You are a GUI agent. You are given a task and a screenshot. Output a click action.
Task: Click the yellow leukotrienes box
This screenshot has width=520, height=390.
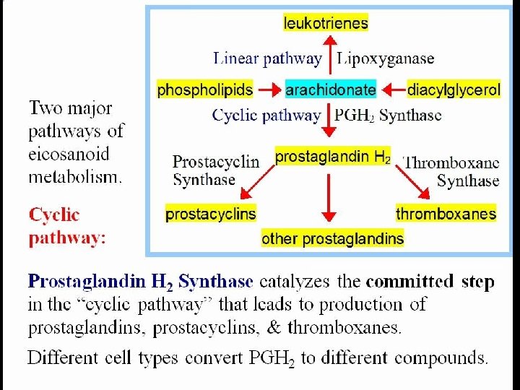pyautogui.click(x=326, y=23)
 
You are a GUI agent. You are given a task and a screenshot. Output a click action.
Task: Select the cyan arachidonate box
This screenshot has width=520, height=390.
pyautogui.click(x=331, y=90)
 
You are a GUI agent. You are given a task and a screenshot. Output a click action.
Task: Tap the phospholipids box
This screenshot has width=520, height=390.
pyautogui.click(x=205, y=90)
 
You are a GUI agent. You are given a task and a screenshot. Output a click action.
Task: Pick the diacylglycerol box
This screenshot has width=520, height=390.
pyautogui.click(x=454, y=90)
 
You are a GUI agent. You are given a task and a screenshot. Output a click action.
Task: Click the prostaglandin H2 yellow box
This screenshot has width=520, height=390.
pyautogui.click(x=333, y=156)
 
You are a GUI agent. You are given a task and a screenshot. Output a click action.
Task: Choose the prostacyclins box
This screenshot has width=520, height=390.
pyautogui.click(x=211, y=214)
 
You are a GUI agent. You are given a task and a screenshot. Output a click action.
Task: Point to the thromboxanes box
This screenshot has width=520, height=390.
pyautogui.click(x=446, y=213)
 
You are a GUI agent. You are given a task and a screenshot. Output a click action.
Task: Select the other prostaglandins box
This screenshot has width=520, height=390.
pyautogui.click(x=333, y=238)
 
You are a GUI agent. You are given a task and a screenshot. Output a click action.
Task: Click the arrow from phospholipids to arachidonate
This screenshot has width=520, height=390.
pyautogui.click(x=270, y=90)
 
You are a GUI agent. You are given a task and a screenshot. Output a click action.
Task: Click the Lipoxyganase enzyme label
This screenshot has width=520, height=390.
pyautogui.click(x=386, y=58)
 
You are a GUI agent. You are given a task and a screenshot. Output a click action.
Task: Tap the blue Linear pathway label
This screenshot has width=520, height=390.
pyautogui.click(x=267, y=58)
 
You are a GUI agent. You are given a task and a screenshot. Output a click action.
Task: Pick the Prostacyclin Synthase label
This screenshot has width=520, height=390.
pyautogui.click(x=215, y=170)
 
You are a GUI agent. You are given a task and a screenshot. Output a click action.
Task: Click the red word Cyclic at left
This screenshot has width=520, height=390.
pyautogui.click(x=54, y=214)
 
